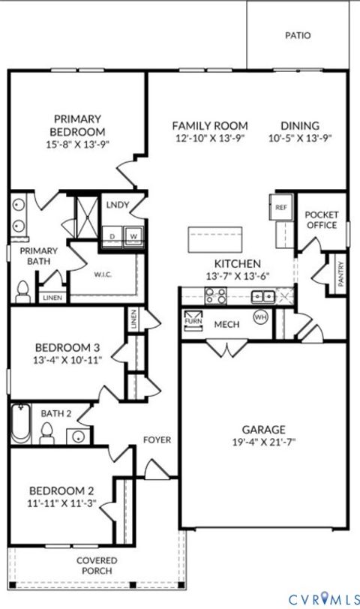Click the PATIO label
pyautogui.click(x=298, y=35)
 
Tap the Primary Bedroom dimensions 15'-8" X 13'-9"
pyautogui.click(x=78, y=145)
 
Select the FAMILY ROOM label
pyautogui.click(x=210, y=126)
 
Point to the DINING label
pyautogui.click(x=300, y=126)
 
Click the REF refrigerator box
pyautogui.click(x=281, y=207)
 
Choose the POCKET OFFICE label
pyautogui.click(x=322, y=220)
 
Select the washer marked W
pyautogui.click(x=134, y=235)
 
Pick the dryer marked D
pyautogui.click(x=112, y=235)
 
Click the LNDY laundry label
pyautogui.click(x=117, y=204)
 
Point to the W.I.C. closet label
pyautogui.click(x=103, y=274)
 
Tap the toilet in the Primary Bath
pyautogui.click(x=22, y=289)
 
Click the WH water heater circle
pyautogui.click(x=261, y=317)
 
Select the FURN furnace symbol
pyautogui.click(x=192, y=318)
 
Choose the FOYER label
pyautogui.click(x=157, y=439)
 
